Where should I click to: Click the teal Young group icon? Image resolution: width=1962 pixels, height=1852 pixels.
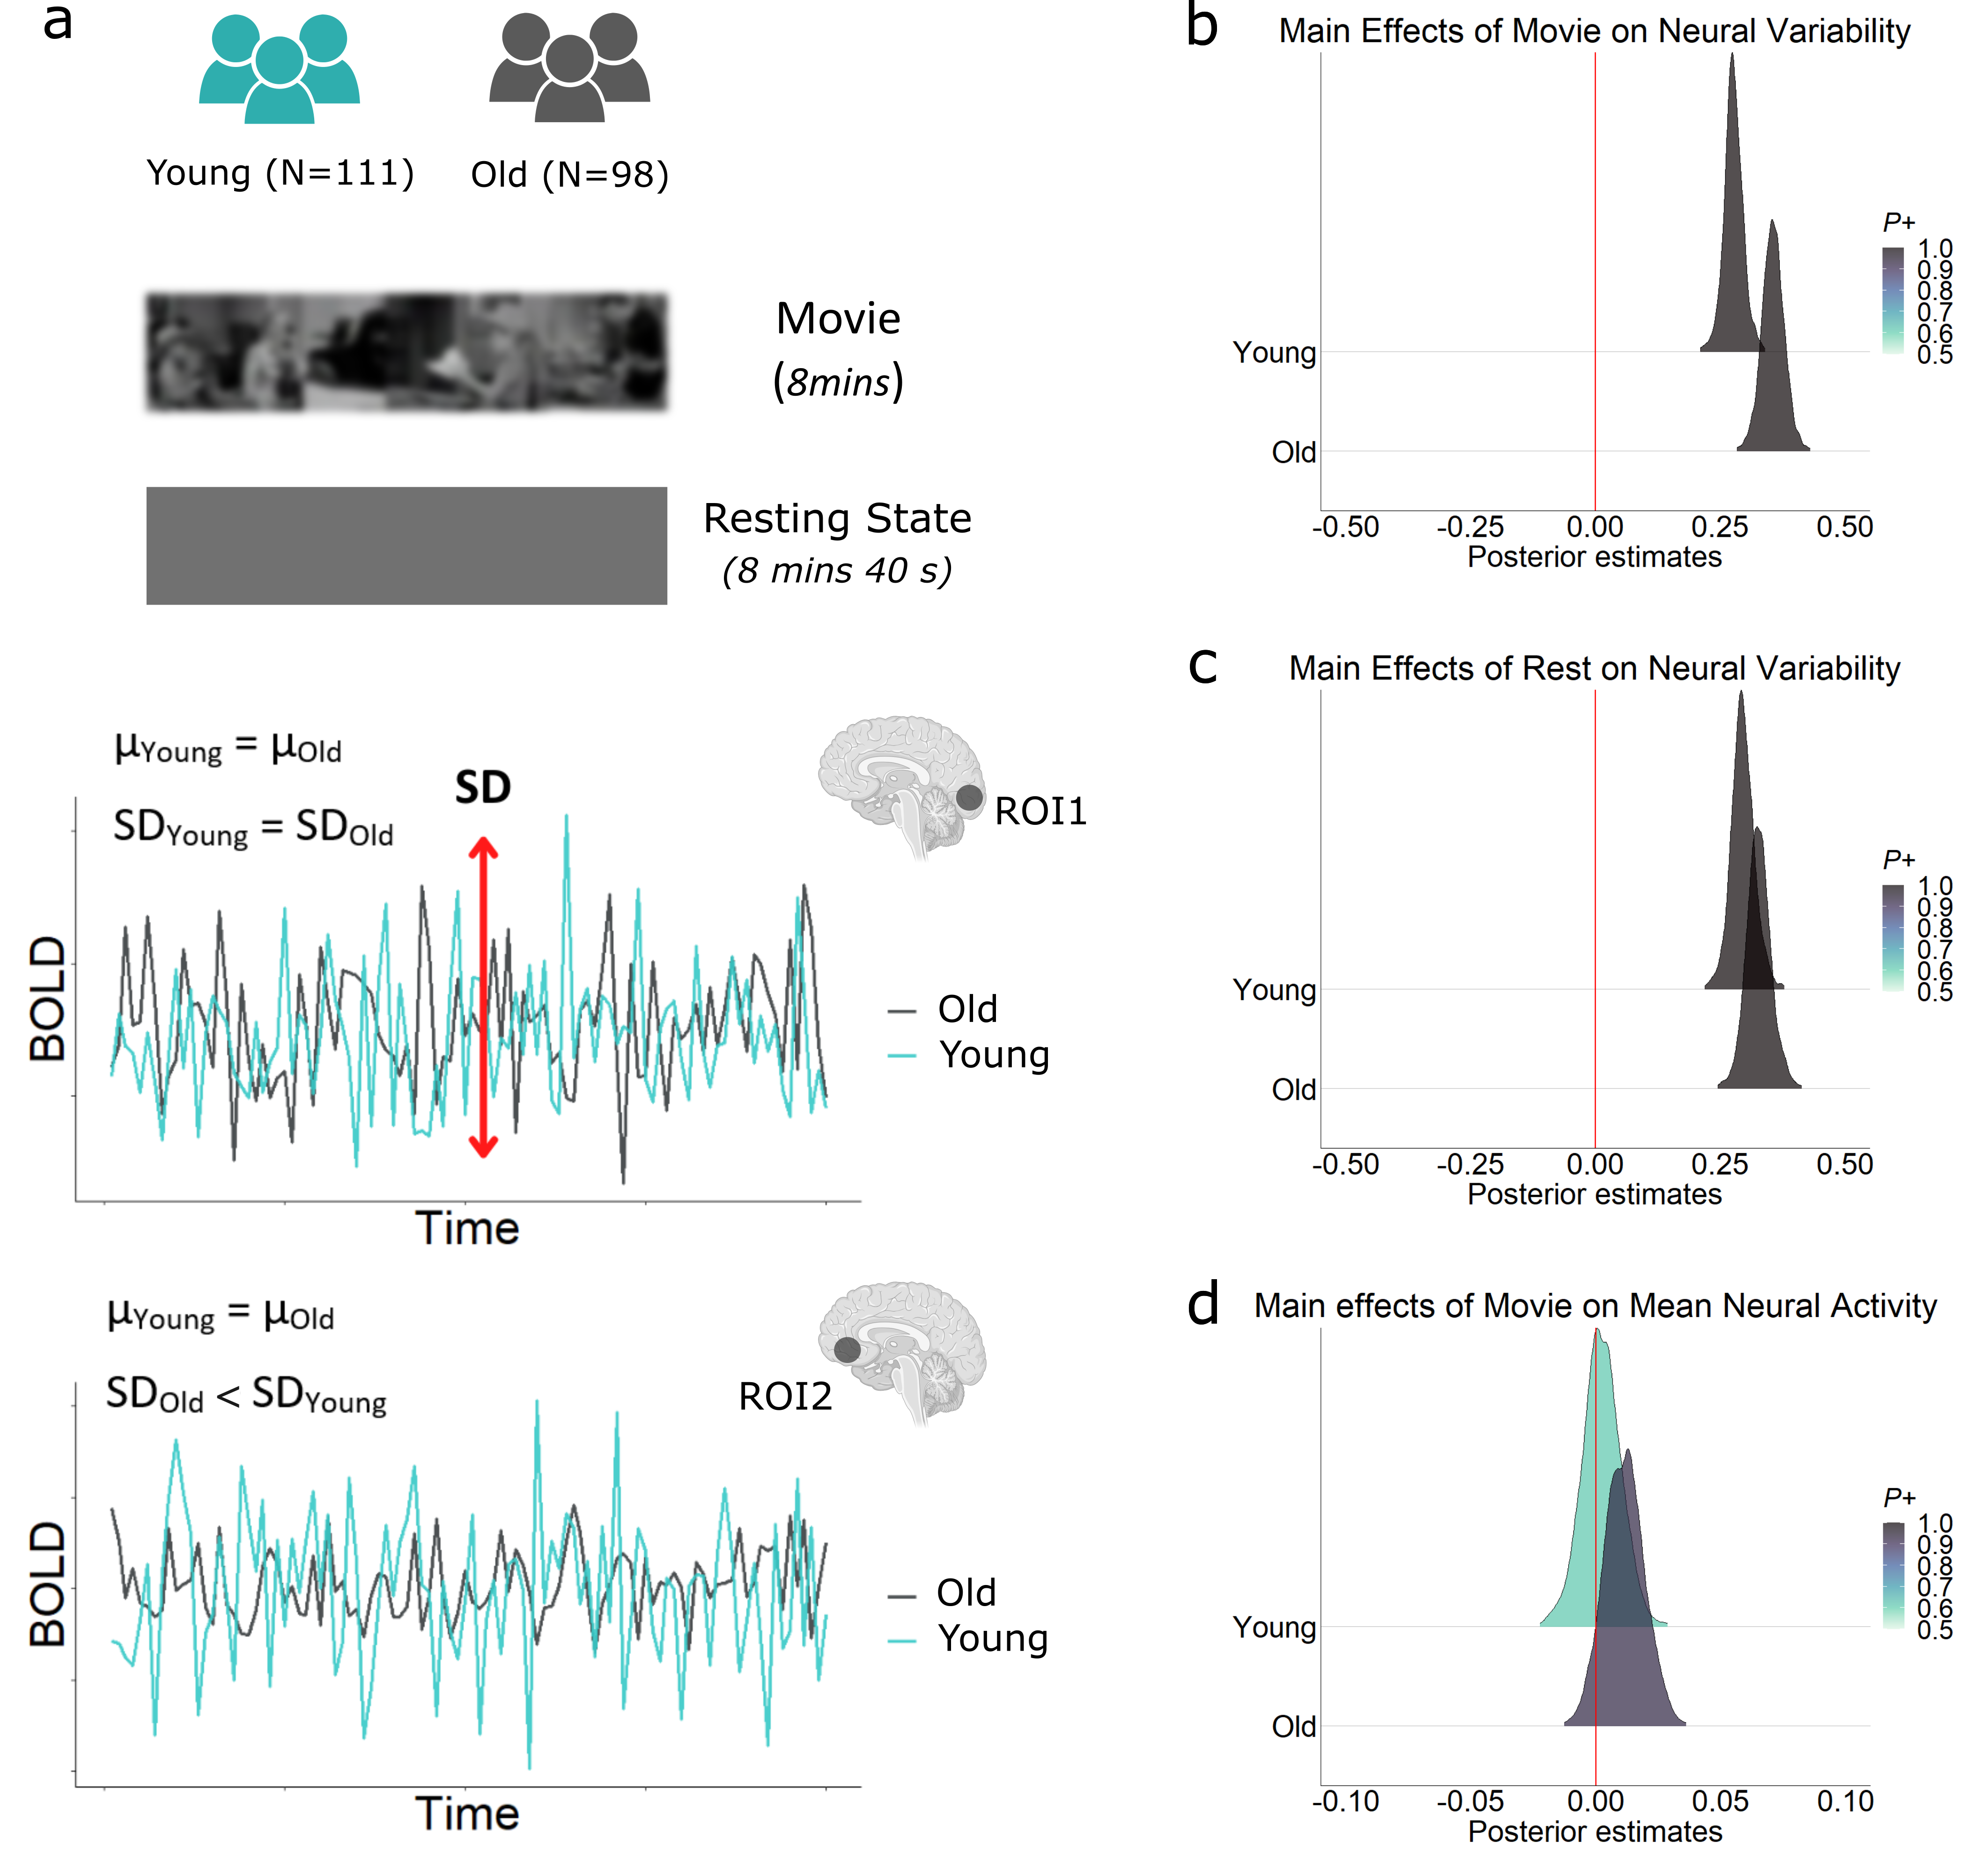pyautogui.click(x=279, y=71)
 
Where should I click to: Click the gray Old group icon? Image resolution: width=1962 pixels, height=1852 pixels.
pyautogui.click(x=569, y=71)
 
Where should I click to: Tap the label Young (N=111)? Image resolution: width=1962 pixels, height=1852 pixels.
pyautogui.click(x=280, y=174)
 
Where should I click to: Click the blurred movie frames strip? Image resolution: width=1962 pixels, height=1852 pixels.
pyautogui.click(x=406, y=351)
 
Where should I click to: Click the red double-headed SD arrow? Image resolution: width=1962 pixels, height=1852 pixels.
pyautogui.click(x=483, y=997)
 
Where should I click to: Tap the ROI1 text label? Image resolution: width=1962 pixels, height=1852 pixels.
pyautogui.click(x=1040, y=812)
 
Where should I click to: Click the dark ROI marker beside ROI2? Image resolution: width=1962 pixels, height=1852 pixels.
pyautogui.click(x=847, y=1349)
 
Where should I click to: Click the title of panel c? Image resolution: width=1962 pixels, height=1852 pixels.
pyautogui.click(x=1594, y=668)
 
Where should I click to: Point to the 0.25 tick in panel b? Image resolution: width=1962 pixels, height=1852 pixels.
pyautogui.click(x=1719, y=527)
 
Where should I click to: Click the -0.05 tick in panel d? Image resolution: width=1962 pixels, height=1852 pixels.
pyautogui.click(x=1469, y=1802)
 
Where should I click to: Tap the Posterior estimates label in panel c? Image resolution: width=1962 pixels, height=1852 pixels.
pyautogui.click(x=1594, y=1194)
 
